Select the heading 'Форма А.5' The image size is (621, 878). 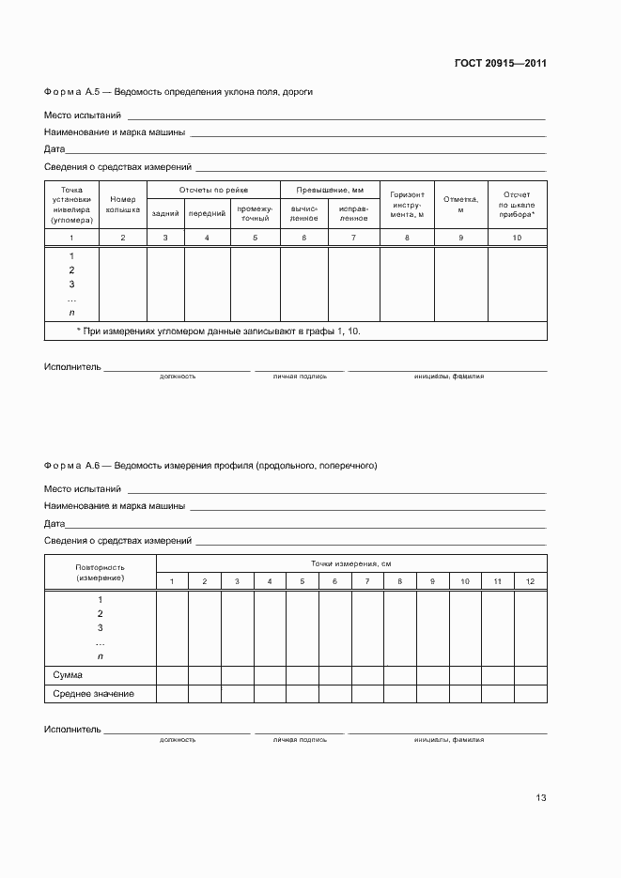click(x=71, y=92)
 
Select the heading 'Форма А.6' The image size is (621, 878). click(x=71, y=465)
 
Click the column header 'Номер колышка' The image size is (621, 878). click(x=123, y=205)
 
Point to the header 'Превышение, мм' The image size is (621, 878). click(x=330, y=190)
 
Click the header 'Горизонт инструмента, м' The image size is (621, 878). click(x=407, y=205)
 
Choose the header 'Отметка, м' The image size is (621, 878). click(x=460, y=205)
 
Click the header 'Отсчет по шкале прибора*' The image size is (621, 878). click(x=517, y=205)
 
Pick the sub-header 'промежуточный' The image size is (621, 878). click(x=255, y=213)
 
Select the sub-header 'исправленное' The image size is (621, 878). click(x=353, y=213)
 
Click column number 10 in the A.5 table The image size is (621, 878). click(x=517, y=239)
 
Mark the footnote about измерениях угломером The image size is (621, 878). click(x=217, y=331)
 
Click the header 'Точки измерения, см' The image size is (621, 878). click(x=351, y=562)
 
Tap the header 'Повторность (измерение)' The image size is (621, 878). click(x=100, y=572)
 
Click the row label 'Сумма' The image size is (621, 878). click(x=68, y=675)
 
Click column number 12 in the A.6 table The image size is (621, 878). click(x=530, y=582)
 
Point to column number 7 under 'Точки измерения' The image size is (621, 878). click(x=367, y=582)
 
